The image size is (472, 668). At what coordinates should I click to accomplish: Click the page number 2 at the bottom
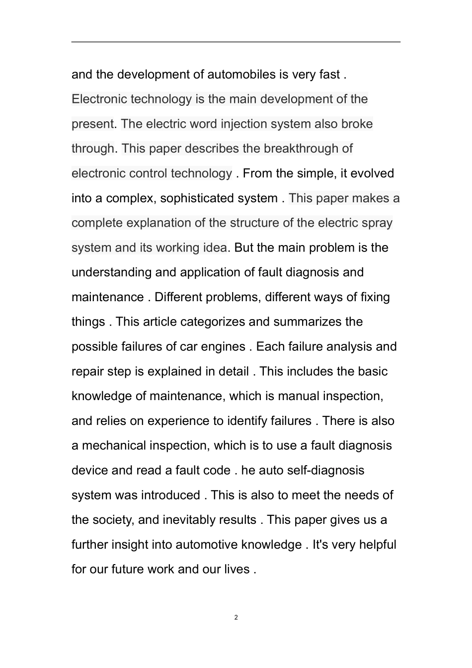[236, 618]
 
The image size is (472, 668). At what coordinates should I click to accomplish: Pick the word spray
[377, 223]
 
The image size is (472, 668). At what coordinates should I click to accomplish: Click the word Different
[177, 297]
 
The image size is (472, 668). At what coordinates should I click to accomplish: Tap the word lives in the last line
[236, 569]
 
